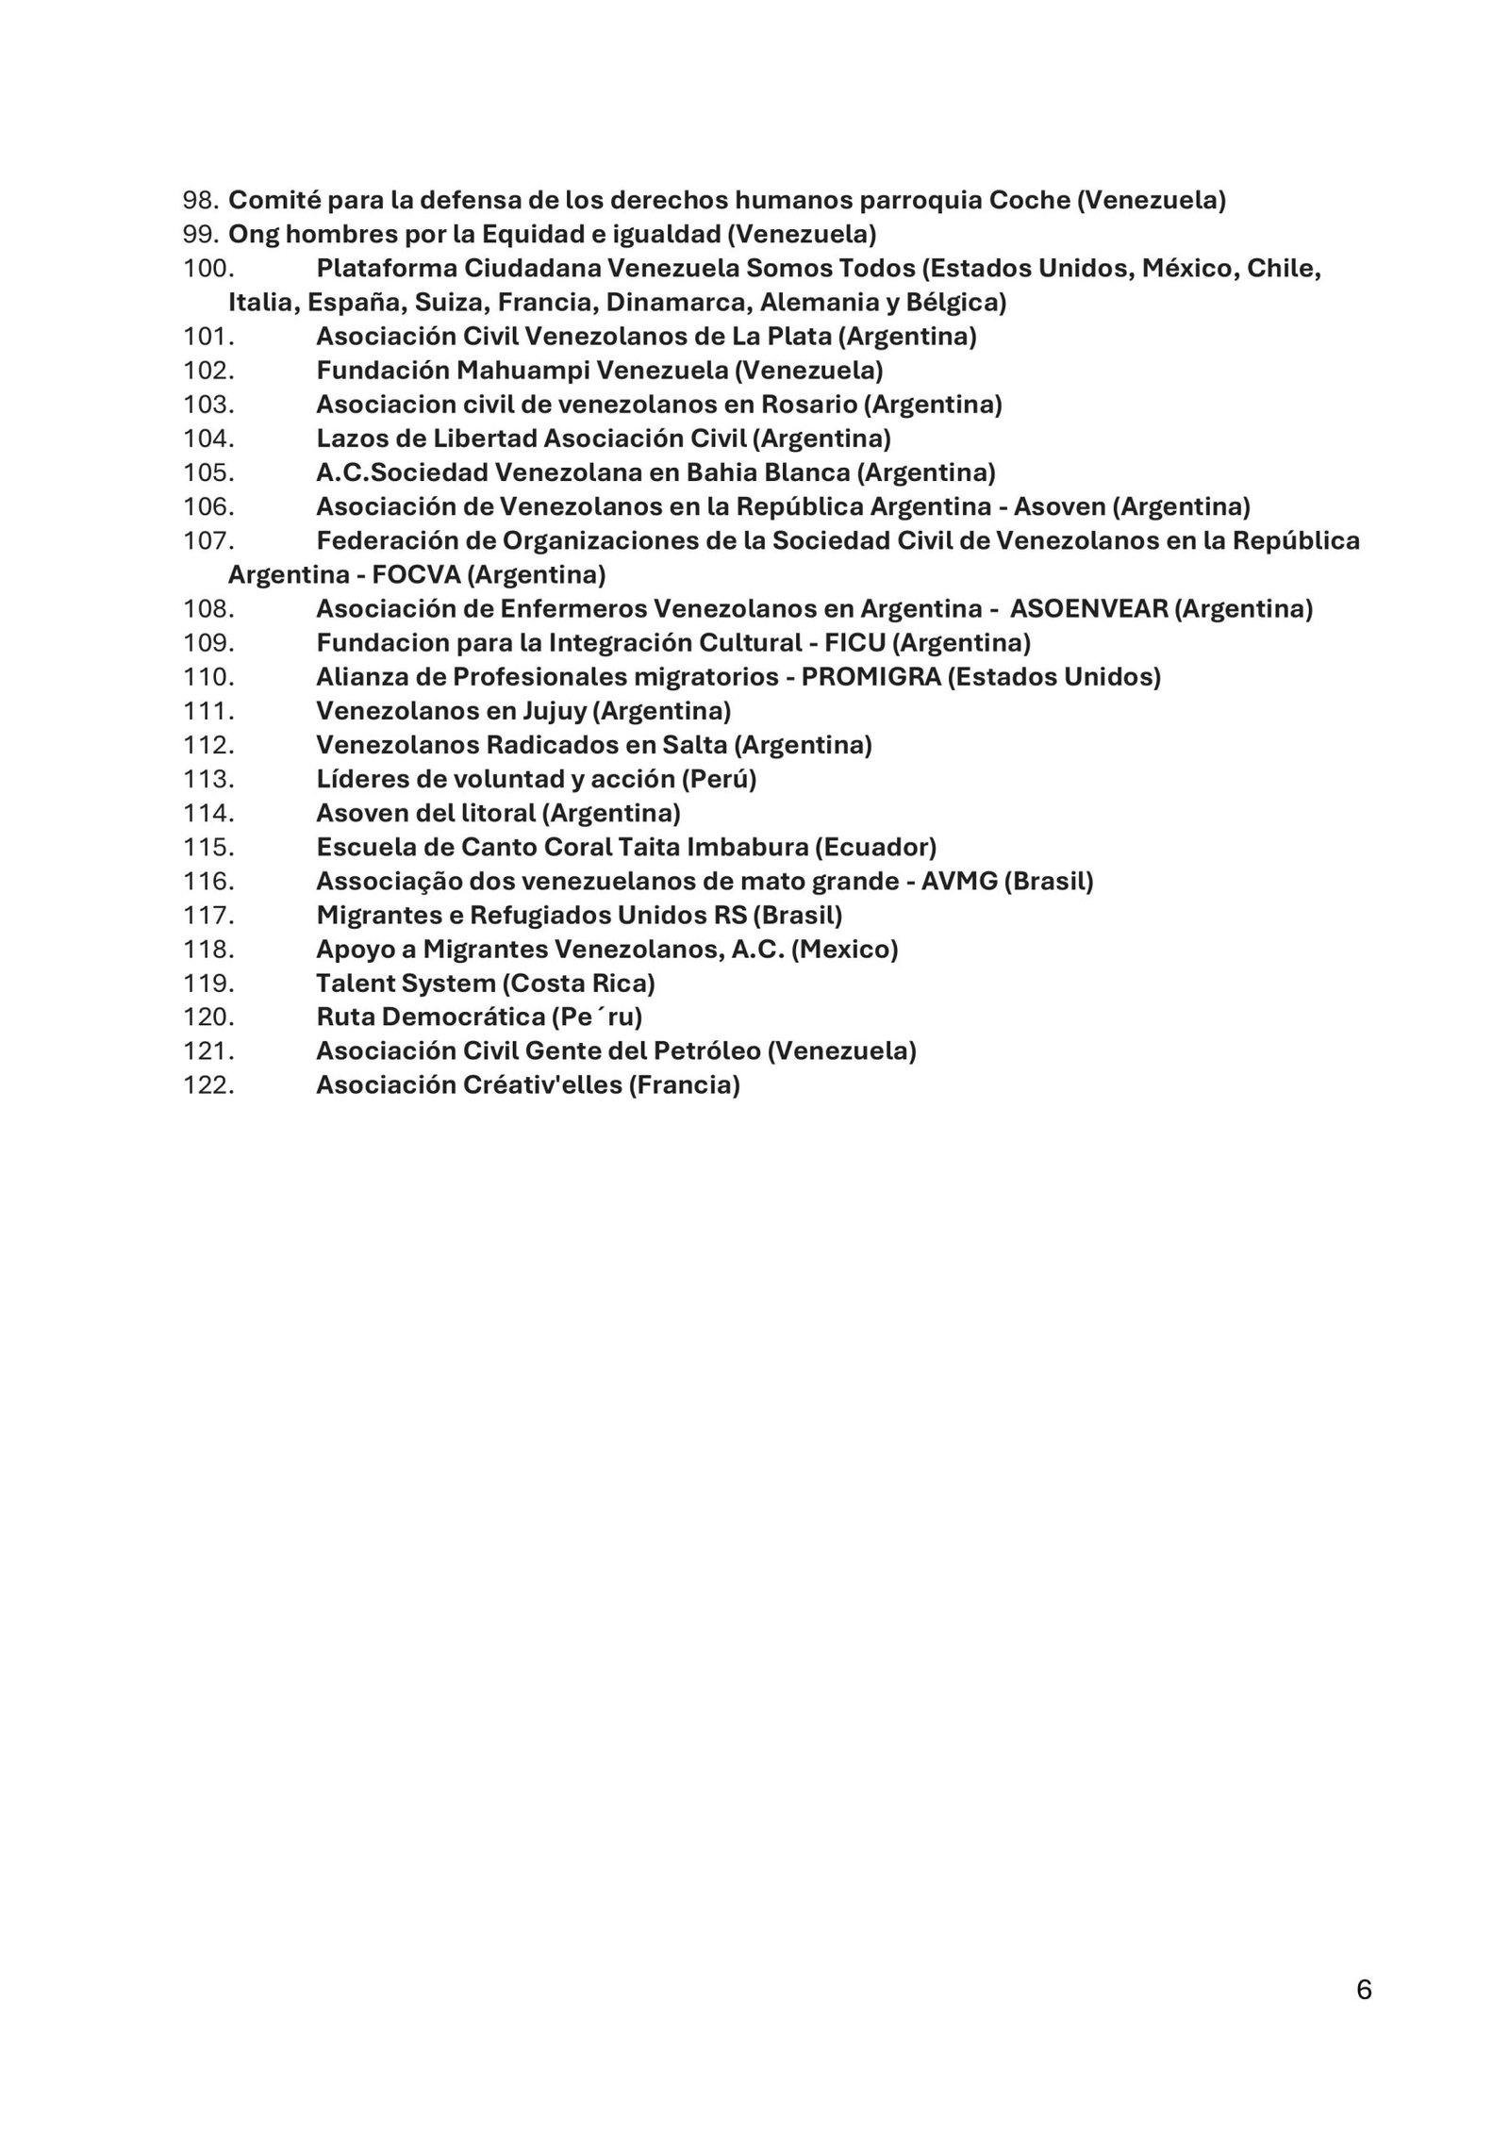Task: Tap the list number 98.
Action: (200, 201)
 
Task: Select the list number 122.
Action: (208, 1085)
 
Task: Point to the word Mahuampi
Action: (517, 371)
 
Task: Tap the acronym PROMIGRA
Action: (871, 677)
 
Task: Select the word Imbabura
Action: (748, 848)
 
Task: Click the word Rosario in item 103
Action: (811, 405)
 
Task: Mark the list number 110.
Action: (208, 677)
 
